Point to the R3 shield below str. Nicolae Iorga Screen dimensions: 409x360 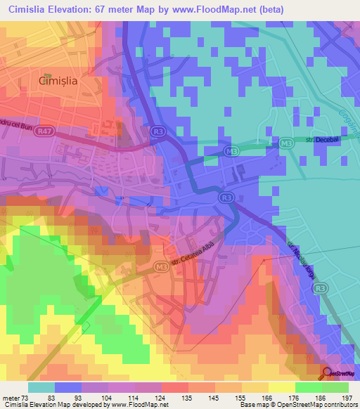(320, 288)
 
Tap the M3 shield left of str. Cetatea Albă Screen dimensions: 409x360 (161, 266)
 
